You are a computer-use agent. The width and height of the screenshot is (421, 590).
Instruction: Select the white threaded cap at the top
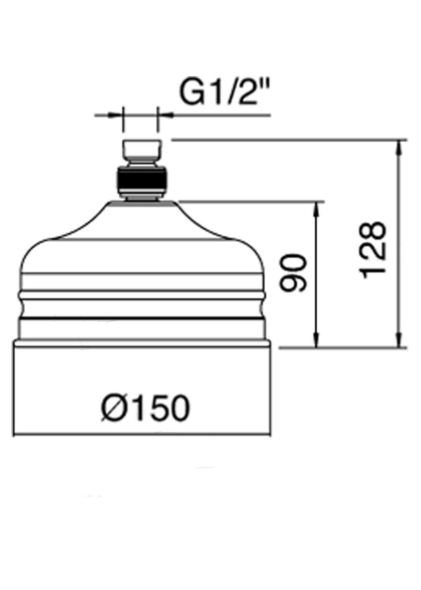pyautogui.click(x=141, y=149)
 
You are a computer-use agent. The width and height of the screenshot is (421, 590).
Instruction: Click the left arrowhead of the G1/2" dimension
pyautogui.click(x=117, y=114)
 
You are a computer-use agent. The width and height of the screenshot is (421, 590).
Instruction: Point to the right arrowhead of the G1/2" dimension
pyautogui.click(x=164, y=114)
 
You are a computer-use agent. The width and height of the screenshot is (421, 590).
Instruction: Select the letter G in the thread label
pyautogui.click(x=190, y=93)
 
